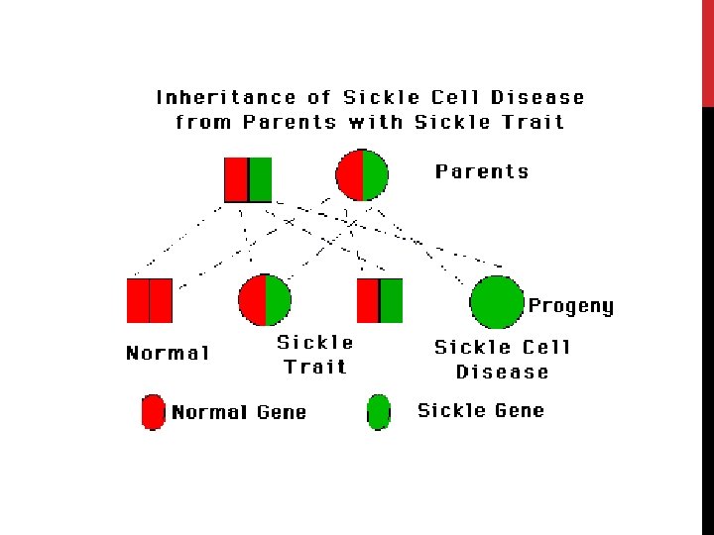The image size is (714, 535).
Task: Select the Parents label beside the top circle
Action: [482, 171]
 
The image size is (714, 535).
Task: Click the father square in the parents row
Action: [248, 179]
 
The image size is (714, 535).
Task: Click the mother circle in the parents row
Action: [362, 175]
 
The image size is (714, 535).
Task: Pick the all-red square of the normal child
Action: [150, 301]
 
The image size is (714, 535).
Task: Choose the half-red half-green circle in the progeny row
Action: [265, 300]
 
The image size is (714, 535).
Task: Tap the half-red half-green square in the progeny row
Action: [380, 301]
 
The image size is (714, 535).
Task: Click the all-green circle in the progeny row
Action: [495, 301]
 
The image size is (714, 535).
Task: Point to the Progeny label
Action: [570, 306]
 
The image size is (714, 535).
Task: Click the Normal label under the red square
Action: [168, 354]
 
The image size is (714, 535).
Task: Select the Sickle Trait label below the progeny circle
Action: [315, 355]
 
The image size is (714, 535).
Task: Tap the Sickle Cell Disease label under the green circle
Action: [503, 360]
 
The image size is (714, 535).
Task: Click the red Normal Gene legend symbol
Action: [153, 412]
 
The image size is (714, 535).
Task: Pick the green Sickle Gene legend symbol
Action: [379, 412]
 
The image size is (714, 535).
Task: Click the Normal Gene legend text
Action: [239, 413]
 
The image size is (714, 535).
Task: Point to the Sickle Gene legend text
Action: [481, 410]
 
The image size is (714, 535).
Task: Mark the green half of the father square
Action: [260, 179]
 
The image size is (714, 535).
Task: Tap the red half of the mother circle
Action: [350, 175]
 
